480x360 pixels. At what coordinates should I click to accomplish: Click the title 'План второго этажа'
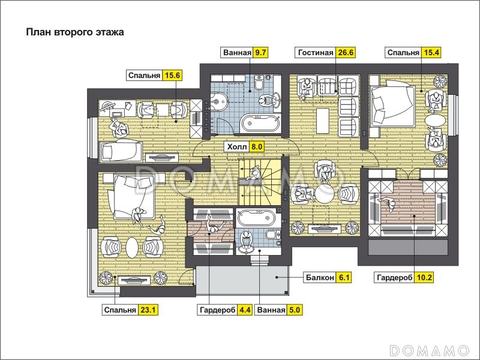[x=75, y=32]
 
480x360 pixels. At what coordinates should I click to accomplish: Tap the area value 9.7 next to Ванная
[x=260, y=52]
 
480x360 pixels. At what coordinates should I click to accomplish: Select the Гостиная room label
[x=316, y=52]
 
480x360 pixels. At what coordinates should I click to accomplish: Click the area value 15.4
[x=431, y=52]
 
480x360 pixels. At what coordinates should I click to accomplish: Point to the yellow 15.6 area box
[x=172, y=76]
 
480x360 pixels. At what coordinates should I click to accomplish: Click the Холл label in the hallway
[x=237, y=146]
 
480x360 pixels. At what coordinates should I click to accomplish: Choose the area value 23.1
[x=148, y=310]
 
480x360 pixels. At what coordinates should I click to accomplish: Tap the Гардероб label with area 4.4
[x=218, y=310]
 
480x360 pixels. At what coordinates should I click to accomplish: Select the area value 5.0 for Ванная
[x=294, y=310]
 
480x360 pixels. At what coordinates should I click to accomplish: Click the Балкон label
[x=320, y=277]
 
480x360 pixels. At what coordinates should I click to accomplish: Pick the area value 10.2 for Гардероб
[x=424, y=277]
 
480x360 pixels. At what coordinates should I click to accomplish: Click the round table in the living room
[x=325, y=194]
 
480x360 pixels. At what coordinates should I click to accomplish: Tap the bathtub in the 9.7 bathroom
[x=260, y=123]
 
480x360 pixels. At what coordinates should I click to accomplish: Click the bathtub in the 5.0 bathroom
[x=259, y=218]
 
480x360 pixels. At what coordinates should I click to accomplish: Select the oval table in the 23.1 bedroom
[x=132, y=248]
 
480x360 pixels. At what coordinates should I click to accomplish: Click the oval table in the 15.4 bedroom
[x=435, y=121]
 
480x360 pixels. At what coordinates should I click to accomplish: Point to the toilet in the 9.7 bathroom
[x=259, y=83]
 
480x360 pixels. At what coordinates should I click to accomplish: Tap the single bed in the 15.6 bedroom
[x=120, y=151]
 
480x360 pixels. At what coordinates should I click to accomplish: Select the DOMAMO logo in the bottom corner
[x=430, y=350]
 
